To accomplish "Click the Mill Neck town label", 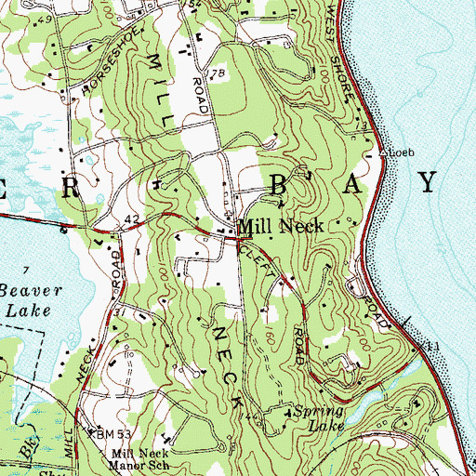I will click(x=281, y=226).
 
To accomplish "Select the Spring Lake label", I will click(x=318, y=418).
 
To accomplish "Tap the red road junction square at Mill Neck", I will click(x=234, y=238).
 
